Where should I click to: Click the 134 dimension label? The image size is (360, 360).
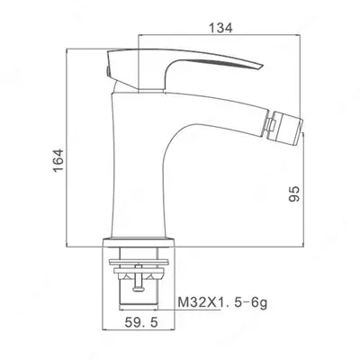[x=220, y=28]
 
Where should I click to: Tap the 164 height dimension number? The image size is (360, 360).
[x=58, y=160]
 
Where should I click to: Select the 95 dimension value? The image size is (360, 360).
[x=294, y=193]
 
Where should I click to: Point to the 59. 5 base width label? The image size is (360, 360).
[x=141, y=323]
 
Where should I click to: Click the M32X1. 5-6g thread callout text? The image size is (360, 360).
[x=222, y=302]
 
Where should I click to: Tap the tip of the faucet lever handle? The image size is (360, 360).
[x=262, y=66]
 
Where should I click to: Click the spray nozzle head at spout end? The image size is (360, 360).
[x=283, y=128]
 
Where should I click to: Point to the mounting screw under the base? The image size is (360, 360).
[x=139, y=277]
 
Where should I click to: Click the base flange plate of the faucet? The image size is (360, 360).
[x=139, y=243]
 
